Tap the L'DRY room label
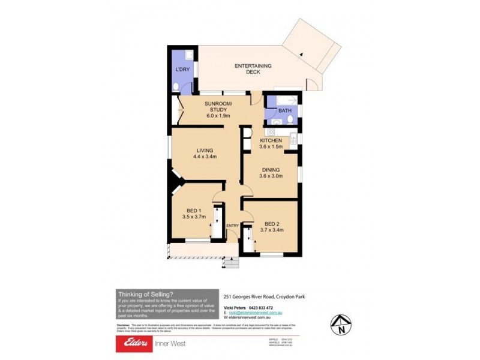(x=181, y=70)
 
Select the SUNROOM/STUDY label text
(x=218, y=106)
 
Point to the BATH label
(x=284, y=111)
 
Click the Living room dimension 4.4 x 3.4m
(x=205, y=157)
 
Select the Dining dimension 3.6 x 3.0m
(x=269, y=177)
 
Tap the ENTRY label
(x=232, y=226)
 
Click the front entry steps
(x=230, y=262)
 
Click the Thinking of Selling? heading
(x=145, y=294)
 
